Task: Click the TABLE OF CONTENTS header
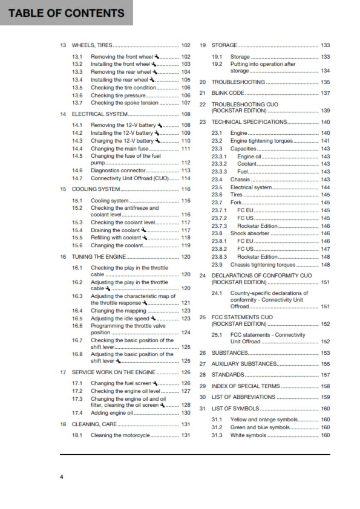(x=67, y=13)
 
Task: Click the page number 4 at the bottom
(x=61, y=478)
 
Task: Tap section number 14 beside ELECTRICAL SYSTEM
(x=63, y=114)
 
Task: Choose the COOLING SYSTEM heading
(x=96, y=189)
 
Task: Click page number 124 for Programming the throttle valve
(x=186, y=332)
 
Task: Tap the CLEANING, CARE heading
(x=94, y=424)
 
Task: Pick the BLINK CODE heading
(x=228, y=93)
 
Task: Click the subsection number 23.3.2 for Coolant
(x=219, y=164)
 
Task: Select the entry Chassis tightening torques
(x=263, y=265)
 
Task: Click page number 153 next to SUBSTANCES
(x=325, y=353)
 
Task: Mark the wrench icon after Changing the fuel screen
(x=155, y=383)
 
